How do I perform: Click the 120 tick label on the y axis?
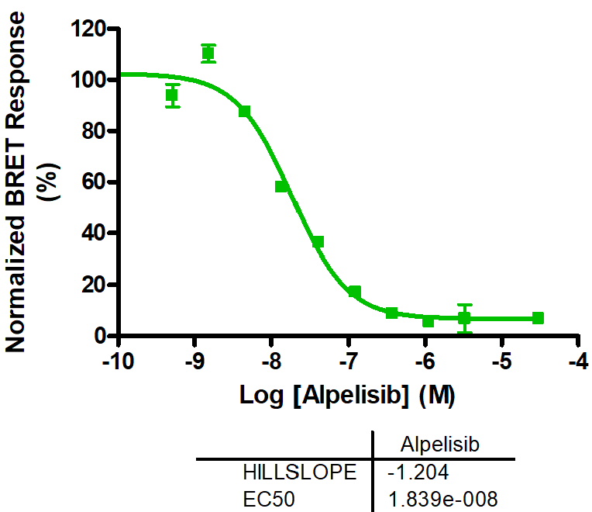90,29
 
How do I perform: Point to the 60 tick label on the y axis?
96,182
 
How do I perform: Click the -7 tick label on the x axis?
348,362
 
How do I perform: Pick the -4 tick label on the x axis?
577,362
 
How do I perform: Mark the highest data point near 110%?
208,54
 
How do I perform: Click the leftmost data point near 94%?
172,95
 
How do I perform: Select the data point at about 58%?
282,186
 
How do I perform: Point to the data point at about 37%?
318,242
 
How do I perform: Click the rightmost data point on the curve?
538,318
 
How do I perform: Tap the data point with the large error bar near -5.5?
464,318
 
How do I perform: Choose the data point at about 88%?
245,112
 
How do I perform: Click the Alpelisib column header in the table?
441,445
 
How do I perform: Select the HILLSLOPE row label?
300,472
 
